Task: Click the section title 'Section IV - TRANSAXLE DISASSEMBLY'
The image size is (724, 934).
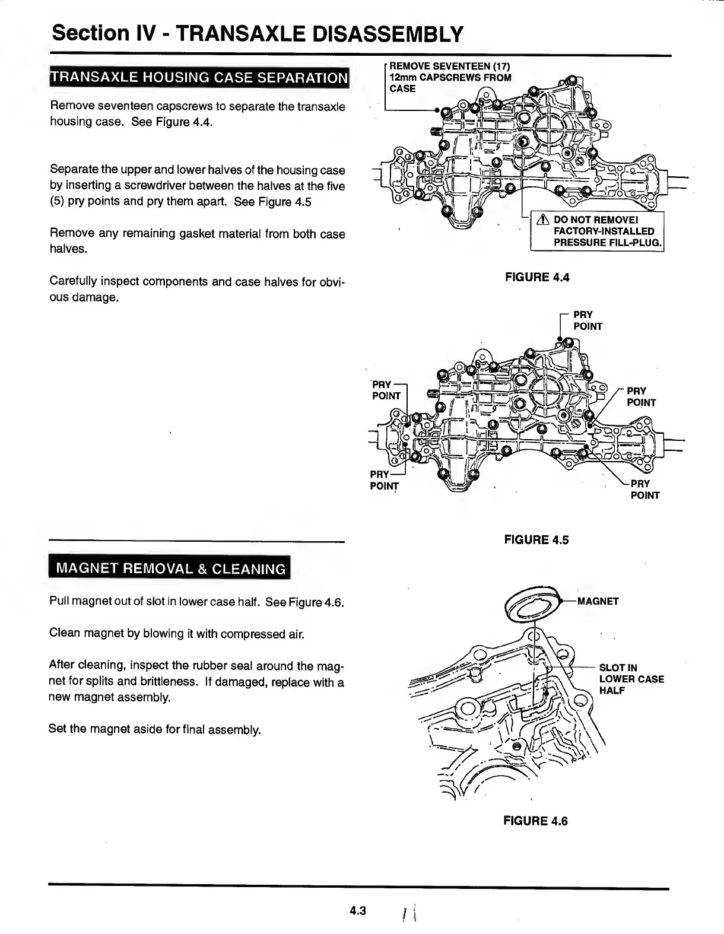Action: click(x=257, y=34)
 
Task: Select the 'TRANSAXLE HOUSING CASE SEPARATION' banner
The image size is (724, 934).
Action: click(x=199, y=78)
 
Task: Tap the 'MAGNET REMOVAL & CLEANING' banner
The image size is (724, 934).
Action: click(x=170, y=568)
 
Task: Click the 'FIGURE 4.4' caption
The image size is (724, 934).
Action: click(x=536, y=277)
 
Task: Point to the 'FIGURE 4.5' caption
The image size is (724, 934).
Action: click(x=536, y=539)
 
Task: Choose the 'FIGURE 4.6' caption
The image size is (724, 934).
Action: click(x=535, y=821)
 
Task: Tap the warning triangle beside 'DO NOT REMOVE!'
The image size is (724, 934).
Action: click(x=541, y=220)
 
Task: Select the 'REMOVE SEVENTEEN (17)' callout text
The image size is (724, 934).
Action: click(x=449, y=65)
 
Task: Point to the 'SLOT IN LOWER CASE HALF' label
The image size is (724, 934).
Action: click(x=631, y=679)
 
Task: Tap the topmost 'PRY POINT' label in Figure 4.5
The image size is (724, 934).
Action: click(x=587, y=320)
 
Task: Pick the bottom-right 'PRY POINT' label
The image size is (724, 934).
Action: click(x=644, y=489)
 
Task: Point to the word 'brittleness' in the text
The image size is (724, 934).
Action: click(x=123, y=682)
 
